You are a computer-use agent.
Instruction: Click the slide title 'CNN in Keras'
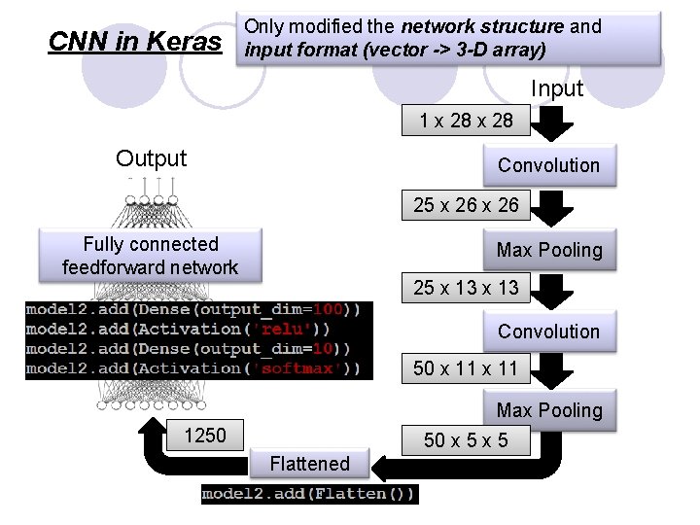[134, 41]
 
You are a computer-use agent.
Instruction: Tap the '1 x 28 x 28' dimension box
[466, 122]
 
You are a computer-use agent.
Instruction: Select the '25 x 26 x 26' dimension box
[466, 205]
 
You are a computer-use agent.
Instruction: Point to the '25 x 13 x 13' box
[466, 288]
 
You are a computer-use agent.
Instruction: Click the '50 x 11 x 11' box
[466, 368]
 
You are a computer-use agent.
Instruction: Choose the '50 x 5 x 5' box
[466, 440]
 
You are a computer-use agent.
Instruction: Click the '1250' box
[204, 436]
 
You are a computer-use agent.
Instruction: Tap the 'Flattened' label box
[309, 464]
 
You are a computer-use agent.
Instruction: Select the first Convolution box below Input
[548, 165]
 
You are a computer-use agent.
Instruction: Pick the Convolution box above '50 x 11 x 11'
[548, 332]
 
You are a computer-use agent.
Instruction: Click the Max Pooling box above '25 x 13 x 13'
[548, 250]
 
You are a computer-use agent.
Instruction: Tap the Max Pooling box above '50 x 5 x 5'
[548, 411]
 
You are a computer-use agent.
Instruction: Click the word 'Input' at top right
[556, 88]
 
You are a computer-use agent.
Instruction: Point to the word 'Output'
[151, 158]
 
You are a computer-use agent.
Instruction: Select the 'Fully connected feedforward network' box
[150, 256]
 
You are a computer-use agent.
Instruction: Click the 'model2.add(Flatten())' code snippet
[309, 495]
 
